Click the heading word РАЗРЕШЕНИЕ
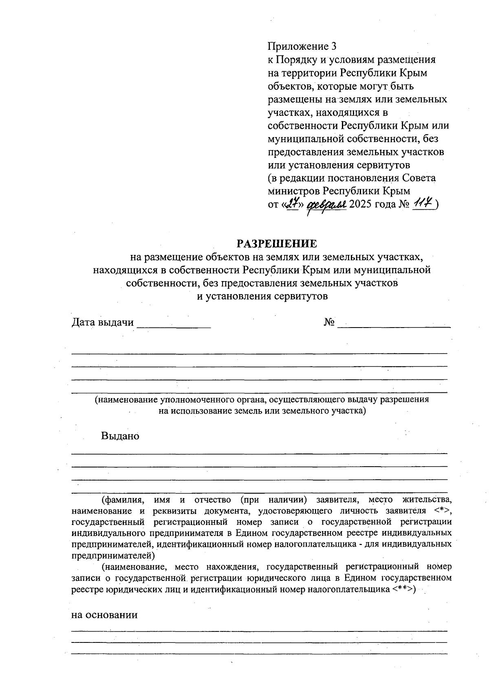click(277, 244)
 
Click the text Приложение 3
click(302, 46)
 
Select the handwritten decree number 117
click(424, 204)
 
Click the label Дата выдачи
click(103, 323)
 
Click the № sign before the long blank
click(329, 323)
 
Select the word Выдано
click(120, 436)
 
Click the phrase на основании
click(104, 615)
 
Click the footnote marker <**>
click(402, 589)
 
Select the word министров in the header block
click(294, 191)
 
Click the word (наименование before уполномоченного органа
click(126, 400)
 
